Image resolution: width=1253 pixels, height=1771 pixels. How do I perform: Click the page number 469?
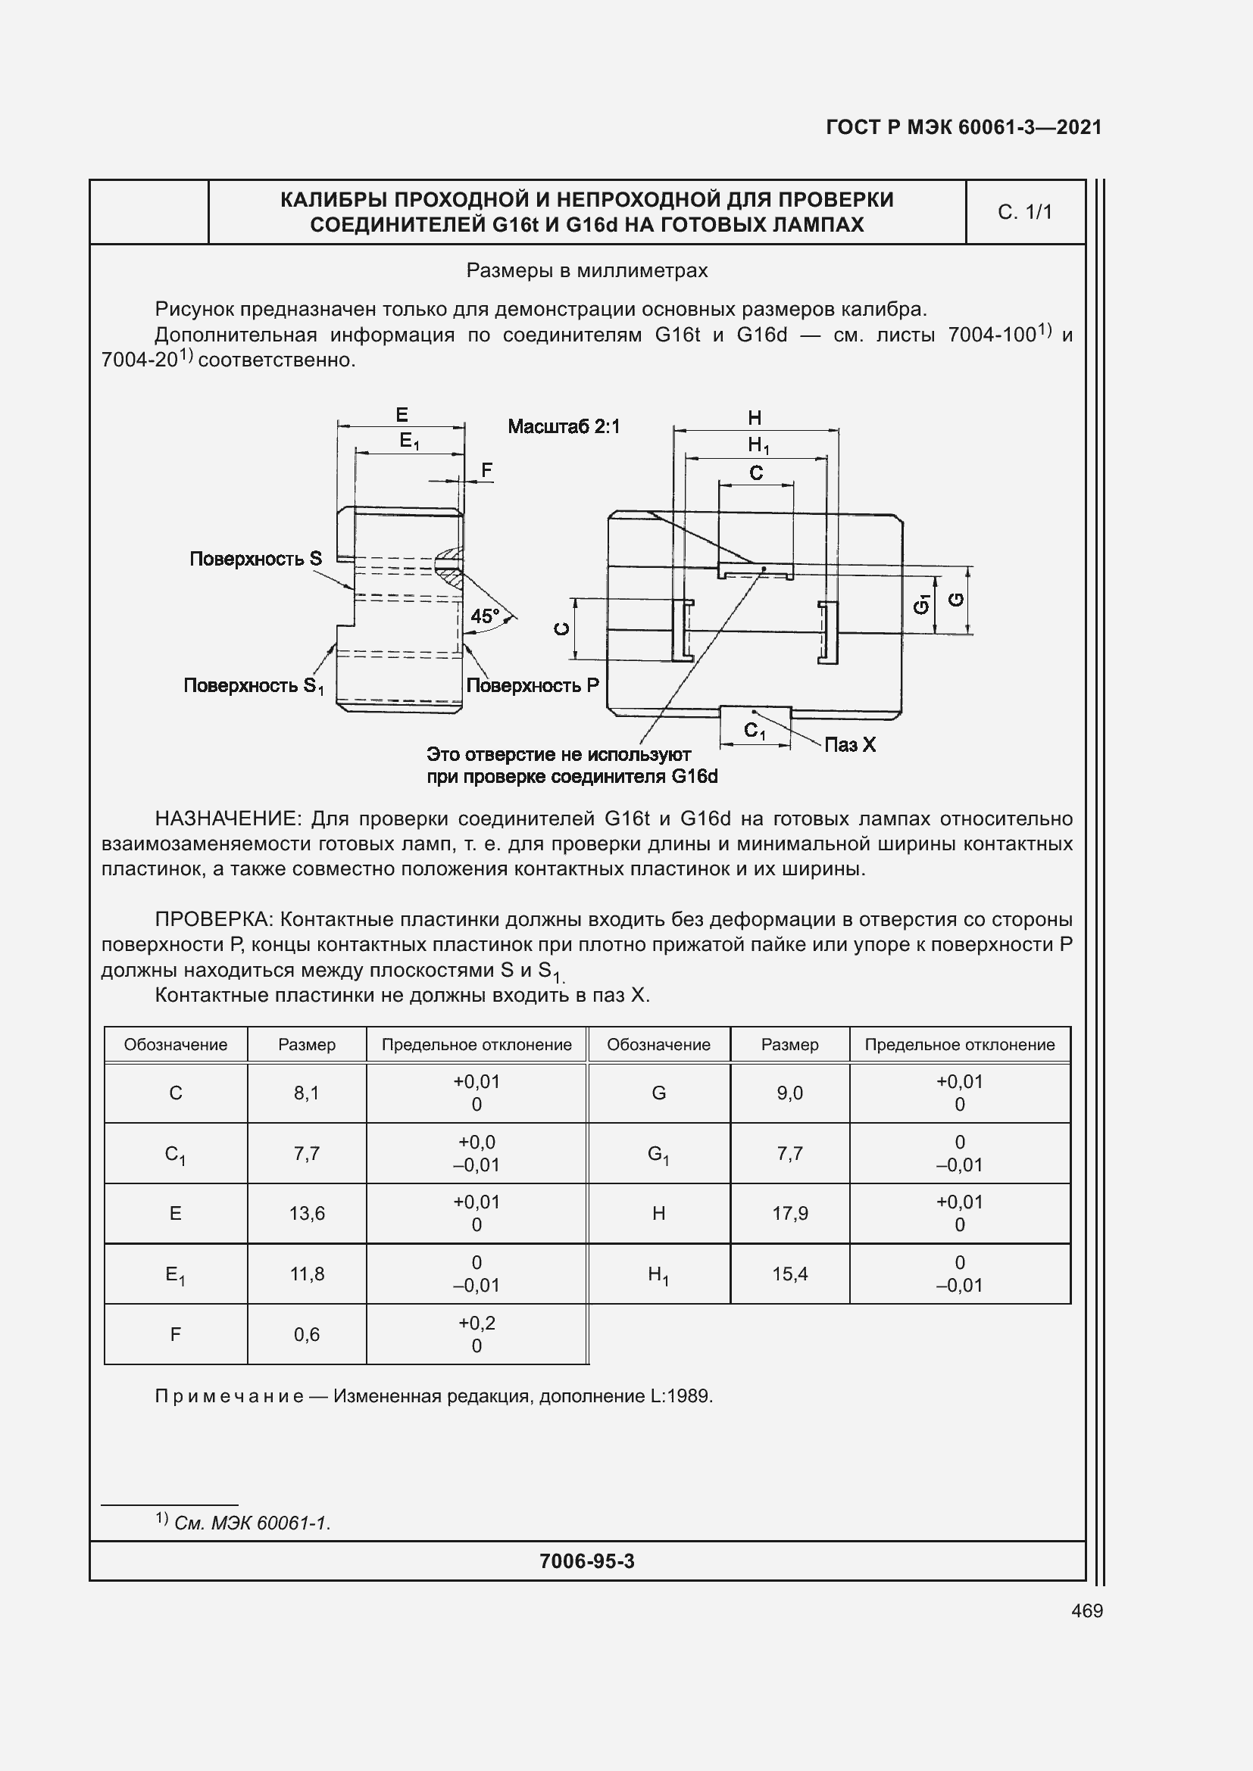pos(1086,1610)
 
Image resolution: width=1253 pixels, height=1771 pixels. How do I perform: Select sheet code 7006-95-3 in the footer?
pos(586,1561)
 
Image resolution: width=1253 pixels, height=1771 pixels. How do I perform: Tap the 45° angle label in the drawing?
pos(486,616)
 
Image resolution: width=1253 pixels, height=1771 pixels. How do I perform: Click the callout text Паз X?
pos(849,744)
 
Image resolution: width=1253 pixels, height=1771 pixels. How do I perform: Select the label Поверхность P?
pos(533,685)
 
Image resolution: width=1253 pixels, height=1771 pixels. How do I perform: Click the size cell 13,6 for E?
pos(306,1213)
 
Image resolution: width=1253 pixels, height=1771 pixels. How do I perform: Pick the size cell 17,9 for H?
pos(789,1213)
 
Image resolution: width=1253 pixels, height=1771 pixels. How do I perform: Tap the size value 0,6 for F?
pos(306,1333)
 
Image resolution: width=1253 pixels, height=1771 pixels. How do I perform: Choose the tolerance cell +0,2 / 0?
pos(476,1333)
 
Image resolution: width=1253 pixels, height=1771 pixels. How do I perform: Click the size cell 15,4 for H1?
pos(789,1274)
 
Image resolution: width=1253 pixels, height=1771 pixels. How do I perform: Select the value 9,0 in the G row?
pos(789,1093)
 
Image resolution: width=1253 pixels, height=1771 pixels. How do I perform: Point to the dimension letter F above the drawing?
pos(486,469)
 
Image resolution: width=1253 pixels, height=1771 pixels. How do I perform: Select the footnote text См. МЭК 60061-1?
pos(252,1523)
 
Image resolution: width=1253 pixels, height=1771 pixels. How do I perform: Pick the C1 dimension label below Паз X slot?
pos(754,730)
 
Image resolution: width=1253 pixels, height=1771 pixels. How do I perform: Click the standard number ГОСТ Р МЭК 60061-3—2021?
pos(963,127)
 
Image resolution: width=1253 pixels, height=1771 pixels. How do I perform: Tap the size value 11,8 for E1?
pos(306,1274)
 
